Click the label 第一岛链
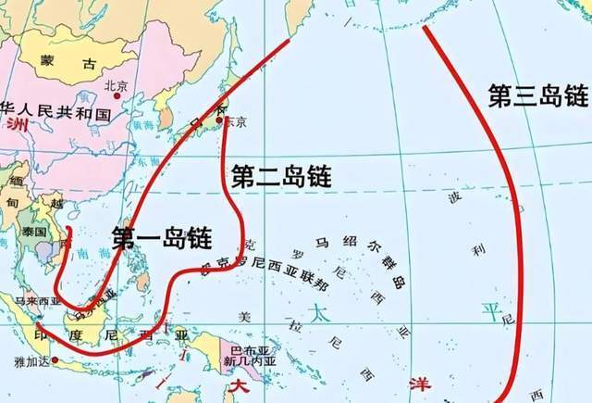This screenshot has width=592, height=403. click(x=159, y=235)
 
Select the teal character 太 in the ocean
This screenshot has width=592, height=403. click(x=318, y=312)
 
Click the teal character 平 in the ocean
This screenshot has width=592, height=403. click(x=488, y=307)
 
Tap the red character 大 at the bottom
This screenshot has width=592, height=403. click(x=240, y=384)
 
